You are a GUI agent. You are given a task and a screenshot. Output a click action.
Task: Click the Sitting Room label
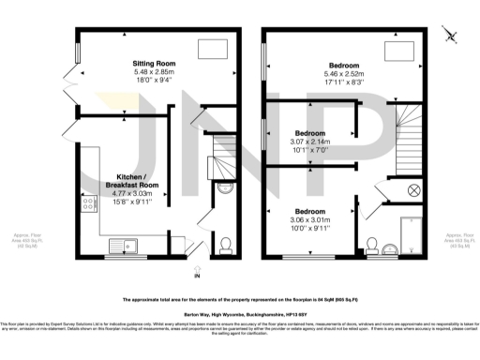click(153, 64)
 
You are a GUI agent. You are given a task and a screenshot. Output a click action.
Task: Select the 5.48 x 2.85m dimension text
click(153, 72)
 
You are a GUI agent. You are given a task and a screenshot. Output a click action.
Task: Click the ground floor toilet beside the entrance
click(225, 246)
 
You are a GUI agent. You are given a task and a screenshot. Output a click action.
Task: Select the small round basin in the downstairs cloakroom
click(224, 188)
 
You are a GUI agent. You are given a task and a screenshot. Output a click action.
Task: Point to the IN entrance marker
click(197, 277)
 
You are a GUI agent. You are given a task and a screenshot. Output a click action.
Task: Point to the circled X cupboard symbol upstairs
click(412, 190)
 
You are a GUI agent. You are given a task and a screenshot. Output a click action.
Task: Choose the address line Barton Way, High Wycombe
click(240, 316)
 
